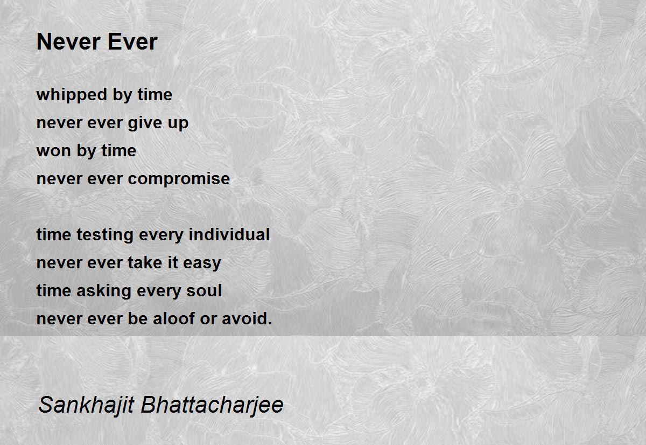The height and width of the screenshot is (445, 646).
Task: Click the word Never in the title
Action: click(x=68, y=42)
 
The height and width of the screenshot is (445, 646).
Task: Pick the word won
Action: click(x=54, y=151)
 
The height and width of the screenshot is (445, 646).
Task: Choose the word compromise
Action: click(x=179, y=179)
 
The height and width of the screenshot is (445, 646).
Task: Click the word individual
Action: click(x=229, y=234)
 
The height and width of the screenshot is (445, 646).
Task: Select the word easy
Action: click(x=202, y=264)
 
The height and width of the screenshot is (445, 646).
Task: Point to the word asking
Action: click(x=104, y=291)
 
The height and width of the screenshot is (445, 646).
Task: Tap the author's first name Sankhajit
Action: click(x=86, y=405)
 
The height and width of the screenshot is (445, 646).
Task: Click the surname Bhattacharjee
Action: click(x=212, y=405)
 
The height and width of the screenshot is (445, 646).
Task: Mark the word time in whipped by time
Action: click(x=155, y=95)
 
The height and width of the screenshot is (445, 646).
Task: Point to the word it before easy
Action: click(x=173, y=262)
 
